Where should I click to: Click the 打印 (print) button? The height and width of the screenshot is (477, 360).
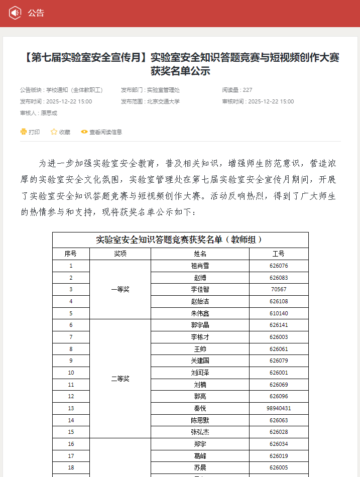click(30, 132)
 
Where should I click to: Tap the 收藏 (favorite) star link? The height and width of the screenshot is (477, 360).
click(60, 132)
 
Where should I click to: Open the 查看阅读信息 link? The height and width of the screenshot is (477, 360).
click(101, 132)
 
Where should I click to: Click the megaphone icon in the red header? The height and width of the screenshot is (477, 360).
click(15, 13)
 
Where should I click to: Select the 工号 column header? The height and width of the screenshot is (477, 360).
click(279, 254)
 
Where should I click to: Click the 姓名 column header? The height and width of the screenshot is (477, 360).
click(200, 254)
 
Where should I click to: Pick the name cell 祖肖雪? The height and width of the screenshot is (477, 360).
click(200, 266)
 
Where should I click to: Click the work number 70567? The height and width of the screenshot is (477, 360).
click(279, 289)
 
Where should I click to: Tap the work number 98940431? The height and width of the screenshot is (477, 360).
click(279, 408)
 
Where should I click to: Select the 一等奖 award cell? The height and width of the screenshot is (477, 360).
click(120, 289)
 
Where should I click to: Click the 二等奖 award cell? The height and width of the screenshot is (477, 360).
click(120, 379)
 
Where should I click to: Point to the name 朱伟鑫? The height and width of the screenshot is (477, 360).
click(200, 313)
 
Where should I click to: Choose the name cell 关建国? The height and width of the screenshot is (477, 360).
click(200, 361)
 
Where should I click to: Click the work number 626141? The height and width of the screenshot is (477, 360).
click(279, 325)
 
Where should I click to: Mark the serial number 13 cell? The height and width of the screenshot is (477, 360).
click(71, 408)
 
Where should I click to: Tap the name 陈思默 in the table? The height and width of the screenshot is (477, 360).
click(200, 420)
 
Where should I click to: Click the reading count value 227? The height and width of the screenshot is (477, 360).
click(248, 90)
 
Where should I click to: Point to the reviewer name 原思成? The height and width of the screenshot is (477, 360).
click(49, 113)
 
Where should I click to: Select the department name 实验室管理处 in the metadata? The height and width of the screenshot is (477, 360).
click(163, 90)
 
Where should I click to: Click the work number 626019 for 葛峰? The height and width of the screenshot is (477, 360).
click(279, 456)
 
